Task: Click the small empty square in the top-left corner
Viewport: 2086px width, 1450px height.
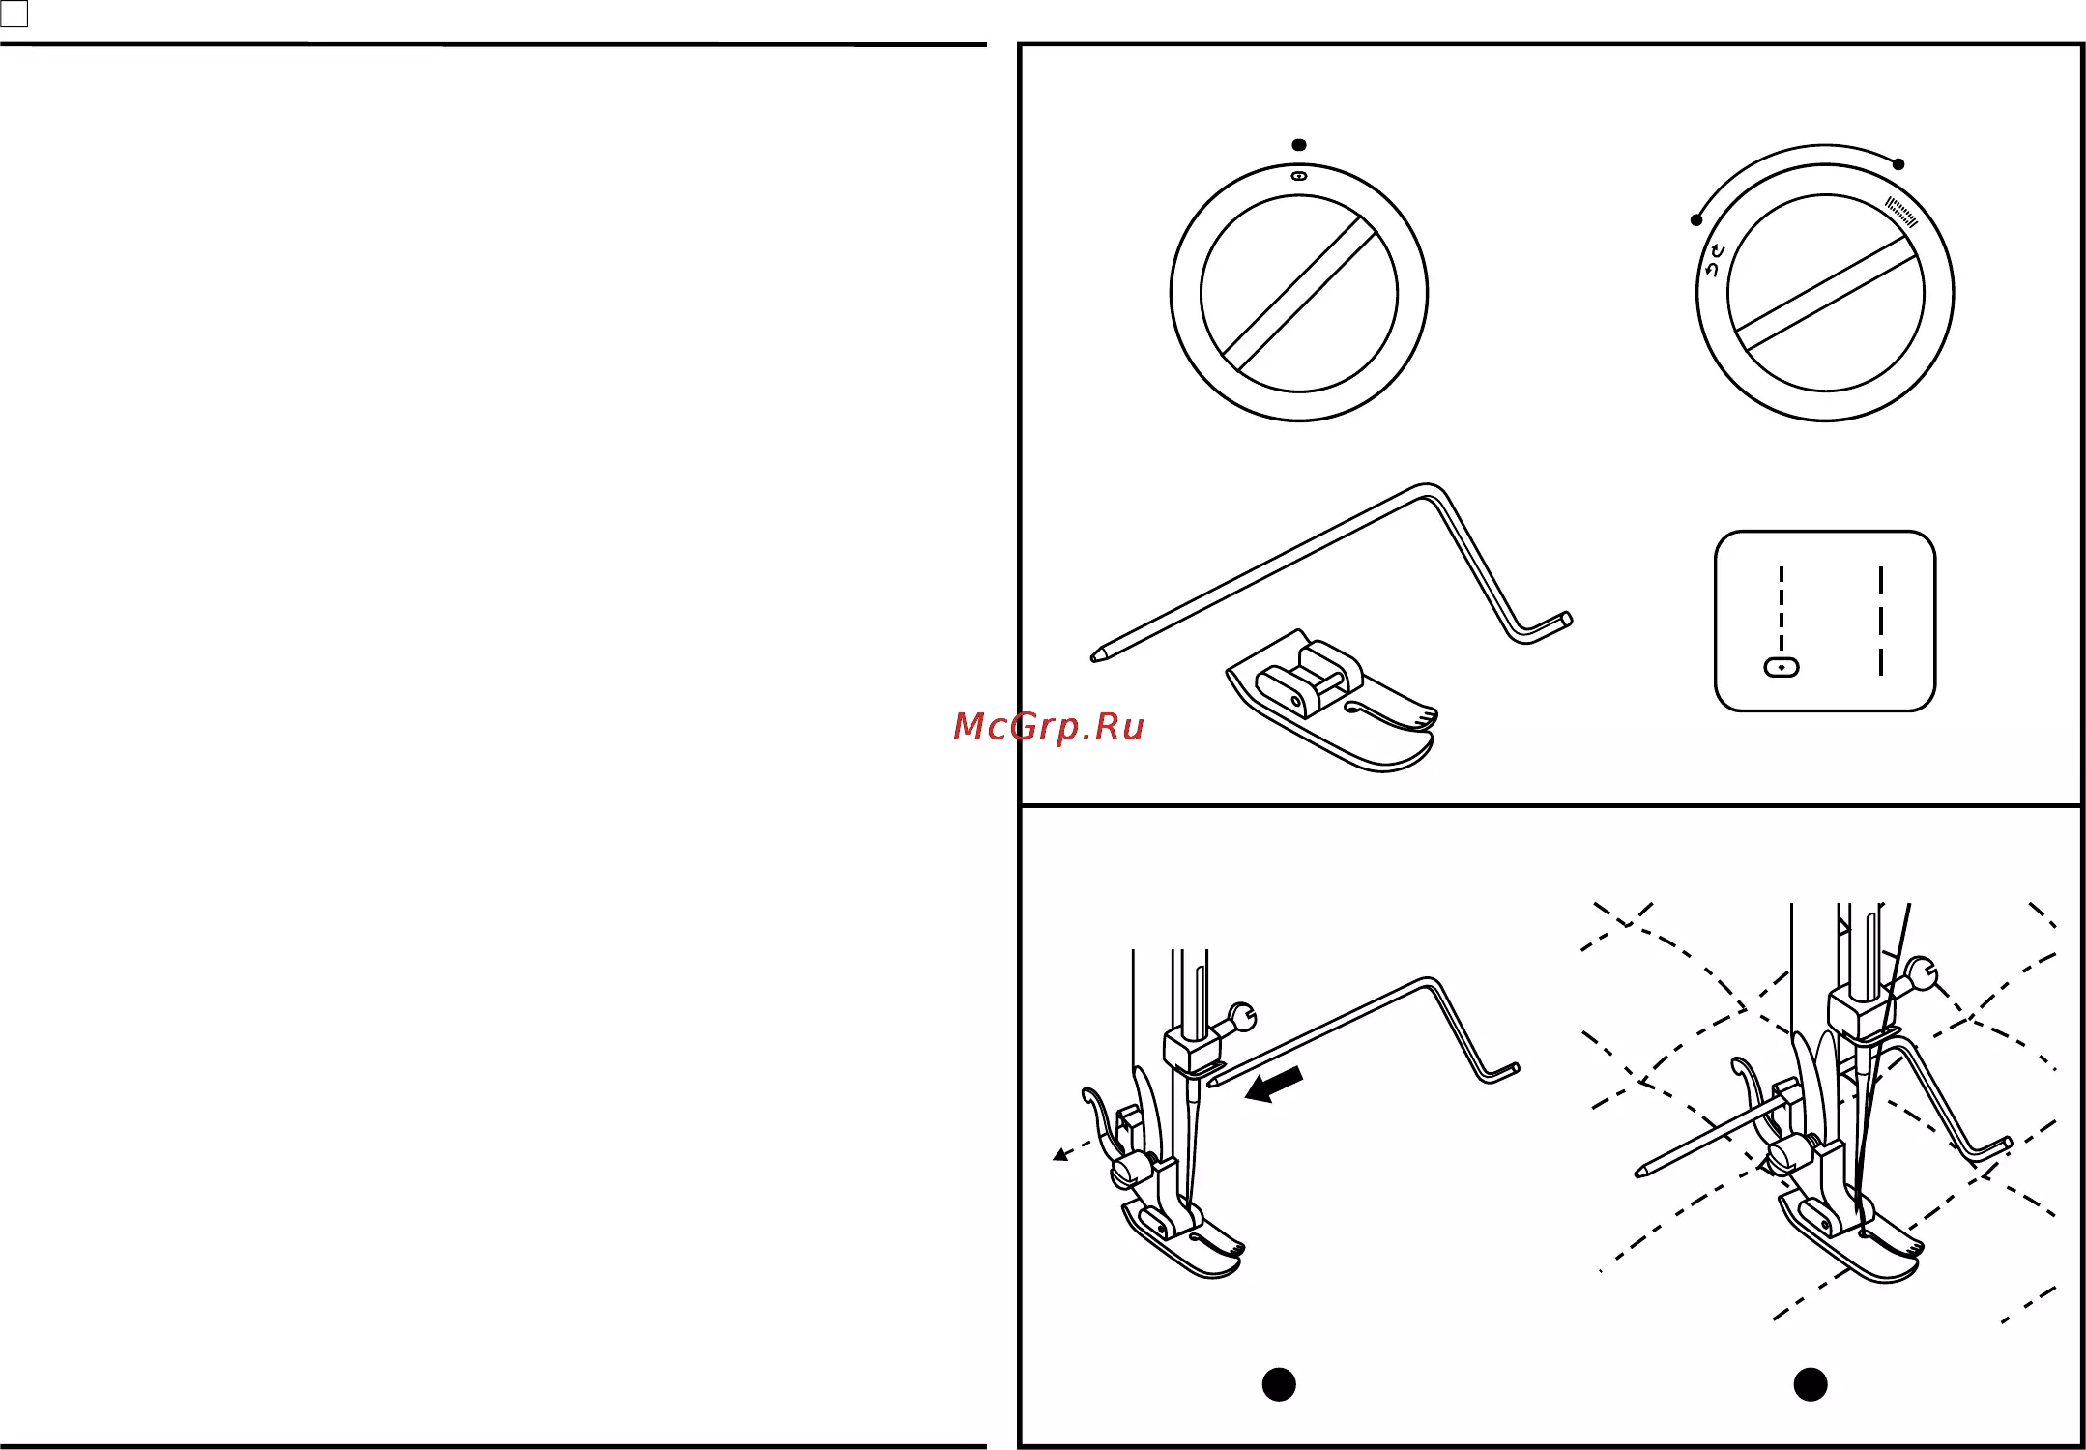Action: [14, 14]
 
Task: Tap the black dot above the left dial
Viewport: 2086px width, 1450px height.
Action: [1299, 145]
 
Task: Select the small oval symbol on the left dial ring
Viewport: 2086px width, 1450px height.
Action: [1299, 177]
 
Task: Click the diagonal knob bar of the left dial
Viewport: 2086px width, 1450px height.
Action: [1299, 294]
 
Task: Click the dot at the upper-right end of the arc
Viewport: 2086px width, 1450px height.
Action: [1898, 164]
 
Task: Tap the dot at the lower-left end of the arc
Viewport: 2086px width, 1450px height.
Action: [1696, 220]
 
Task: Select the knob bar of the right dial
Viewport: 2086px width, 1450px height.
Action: [1825, 294]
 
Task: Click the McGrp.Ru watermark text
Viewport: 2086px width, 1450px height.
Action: [1049, 726]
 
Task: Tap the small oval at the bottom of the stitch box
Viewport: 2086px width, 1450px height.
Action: [1782, 667]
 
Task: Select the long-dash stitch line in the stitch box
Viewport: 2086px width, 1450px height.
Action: [1881, 621]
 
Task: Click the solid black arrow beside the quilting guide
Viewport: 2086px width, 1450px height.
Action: [1274, 1085]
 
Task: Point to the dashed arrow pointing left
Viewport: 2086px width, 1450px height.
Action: [1073, 1147]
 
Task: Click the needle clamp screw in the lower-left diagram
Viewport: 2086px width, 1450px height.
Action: [1241, 1017]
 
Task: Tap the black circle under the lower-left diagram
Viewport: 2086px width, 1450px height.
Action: [1279, 1384]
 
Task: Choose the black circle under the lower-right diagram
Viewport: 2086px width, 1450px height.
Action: [1811, 1384]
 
